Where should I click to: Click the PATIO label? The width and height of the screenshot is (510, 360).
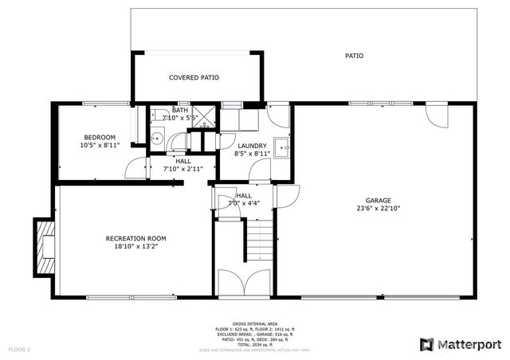[x=354, y=56]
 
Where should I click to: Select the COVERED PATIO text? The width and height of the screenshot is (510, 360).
[x=194, y=77]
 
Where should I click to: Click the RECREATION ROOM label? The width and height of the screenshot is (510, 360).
[x=135, y=238]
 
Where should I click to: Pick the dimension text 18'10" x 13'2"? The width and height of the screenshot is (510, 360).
[x=135, y=246]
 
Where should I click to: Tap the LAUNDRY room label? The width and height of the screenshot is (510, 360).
[x=252, y=146]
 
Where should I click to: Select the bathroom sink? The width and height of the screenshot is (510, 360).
[x=157, y=139]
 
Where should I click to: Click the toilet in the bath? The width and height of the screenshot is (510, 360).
[x=159, y=114]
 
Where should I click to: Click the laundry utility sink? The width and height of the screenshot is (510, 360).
[x=281, y=146]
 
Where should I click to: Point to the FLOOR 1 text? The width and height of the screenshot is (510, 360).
[x=19, y=349]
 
